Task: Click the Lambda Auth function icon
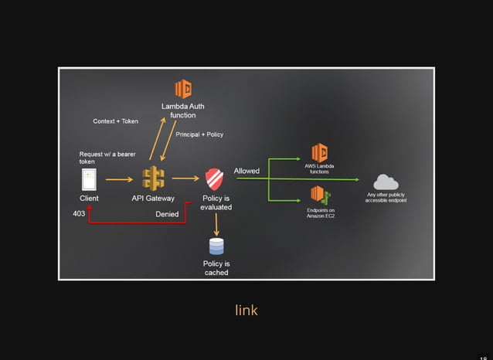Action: point(182,88)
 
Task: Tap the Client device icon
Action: point(89,179)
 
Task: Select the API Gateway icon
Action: point(153,178)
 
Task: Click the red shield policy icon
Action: point(215,180)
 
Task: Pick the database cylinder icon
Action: point(216,246)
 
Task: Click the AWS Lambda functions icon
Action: point(319,153)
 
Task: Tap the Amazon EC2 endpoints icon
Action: point(320,195)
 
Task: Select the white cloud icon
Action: point(386,182)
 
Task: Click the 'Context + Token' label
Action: point(116,121)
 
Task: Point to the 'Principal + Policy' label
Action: point(199,134)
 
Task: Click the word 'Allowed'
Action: point(246,171)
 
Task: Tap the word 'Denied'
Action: point(167,214)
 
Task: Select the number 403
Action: point(79,214)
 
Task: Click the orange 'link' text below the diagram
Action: point(246,311)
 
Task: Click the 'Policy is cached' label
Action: point(216,268)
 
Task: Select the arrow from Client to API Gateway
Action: point(119,179)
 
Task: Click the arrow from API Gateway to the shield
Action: point(185,179)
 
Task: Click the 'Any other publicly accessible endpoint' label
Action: point(386,198)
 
